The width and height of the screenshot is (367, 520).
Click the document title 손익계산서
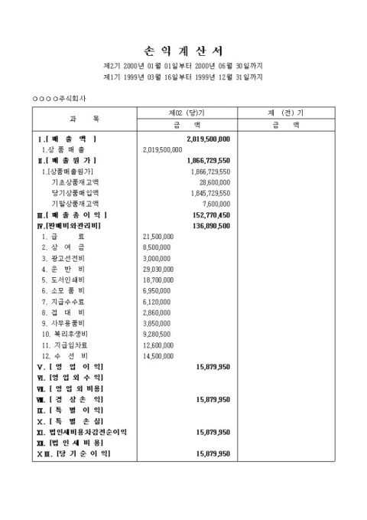coord(183,51)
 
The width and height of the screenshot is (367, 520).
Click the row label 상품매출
coord(68,150)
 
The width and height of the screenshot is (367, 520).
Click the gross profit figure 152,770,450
coord(206,216)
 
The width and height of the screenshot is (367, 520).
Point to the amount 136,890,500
coord(206,227)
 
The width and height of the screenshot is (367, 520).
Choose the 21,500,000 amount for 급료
coord(158,237)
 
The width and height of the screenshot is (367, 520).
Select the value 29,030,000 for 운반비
coord(158,270)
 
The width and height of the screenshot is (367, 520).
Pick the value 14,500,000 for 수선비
coord(158,357)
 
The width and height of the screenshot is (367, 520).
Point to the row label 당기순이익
coord(79,454)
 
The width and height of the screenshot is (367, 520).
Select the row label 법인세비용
coord(76,443)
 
